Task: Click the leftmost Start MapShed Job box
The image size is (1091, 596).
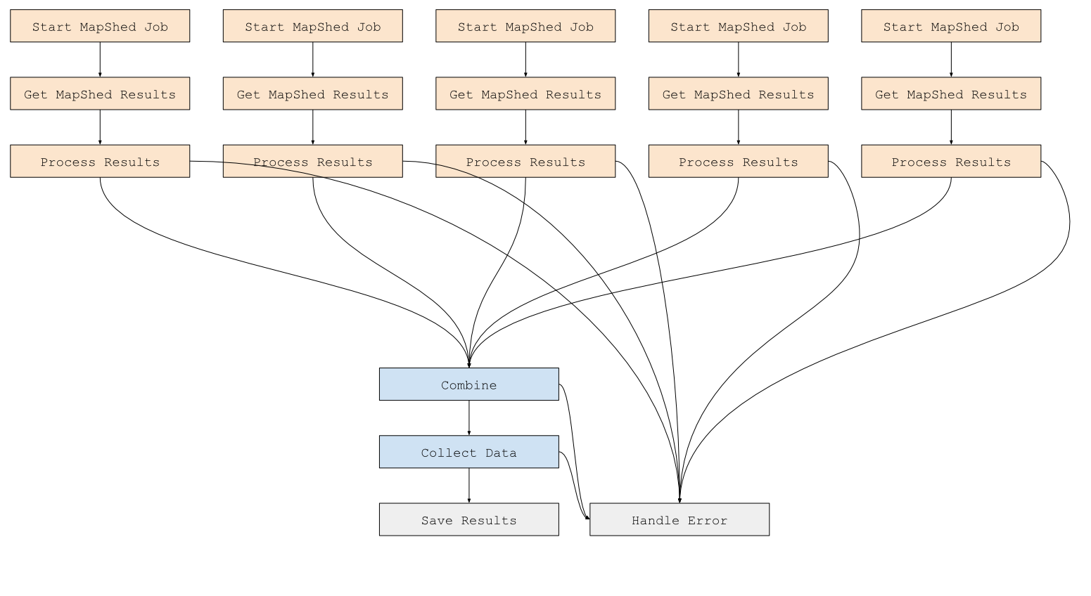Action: [100, 26]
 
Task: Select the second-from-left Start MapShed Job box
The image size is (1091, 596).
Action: [312, 26]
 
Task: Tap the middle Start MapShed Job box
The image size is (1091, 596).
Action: [525, 26]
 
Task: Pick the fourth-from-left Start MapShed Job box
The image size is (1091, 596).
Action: [738, 26]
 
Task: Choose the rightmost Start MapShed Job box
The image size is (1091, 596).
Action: [951, 26]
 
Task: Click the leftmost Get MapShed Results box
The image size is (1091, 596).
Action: [100, 93]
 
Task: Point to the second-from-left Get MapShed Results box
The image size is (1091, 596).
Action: [312, 93]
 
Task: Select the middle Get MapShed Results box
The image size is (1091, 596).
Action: [525, 93]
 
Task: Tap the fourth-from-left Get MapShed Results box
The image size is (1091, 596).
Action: [738, 93]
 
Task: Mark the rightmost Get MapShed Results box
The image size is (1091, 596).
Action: [951, 93]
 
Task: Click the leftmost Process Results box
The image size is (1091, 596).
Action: [100, 161]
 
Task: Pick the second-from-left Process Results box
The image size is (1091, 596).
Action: [312, 161]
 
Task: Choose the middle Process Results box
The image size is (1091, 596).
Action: [525, 161]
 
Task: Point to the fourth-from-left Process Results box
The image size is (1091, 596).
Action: [738, 161]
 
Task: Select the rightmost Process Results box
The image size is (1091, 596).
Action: [951, 161]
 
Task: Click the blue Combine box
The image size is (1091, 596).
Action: [468, 384]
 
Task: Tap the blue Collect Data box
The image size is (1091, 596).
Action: [468, 452]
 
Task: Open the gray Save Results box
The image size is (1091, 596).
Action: [468, 519]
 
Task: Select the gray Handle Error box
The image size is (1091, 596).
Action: [679, 519]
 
